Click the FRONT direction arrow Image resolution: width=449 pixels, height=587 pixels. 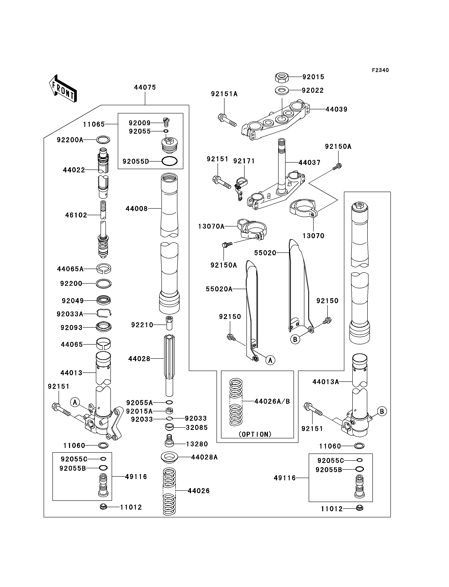(x=63, y=88)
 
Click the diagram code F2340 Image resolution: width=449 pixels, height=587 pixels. (x=380, y=70)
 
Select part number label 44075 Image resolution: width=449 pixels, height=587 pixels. (x=145, y=87)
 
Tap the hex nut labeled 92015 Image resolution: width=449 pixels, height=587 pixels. (x=282, y=77)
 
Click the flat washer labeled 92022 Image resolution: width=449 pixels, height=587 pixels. (x=282, y=90)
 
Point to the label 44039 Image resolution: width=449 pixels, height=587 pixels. (x=337, y=109)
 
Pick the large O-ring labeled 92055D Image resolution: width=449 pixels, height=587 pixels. (x=169, y=161)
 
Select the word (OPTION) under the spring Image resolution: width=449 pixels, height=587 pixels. (x=255, y=434)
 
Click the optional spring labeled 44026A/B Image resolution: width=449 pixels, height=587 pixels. (x=236, y=402)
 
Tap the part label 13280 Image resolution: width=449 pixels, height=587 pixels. (x=197, y=444)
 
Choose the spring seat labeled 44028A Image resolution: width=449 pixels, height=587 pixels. (x=169, y=458)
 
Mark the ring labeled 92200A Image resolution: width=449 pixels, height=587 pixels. (x=103, y=140)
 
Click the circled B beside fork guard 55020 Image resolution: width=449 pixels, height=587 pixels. (x=295, y=340)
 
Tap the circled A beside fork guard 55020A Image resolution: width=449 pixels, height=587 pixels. (x=270, y=360)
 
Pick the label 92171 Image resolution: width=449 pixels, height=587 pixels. (x=244, y=161)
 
